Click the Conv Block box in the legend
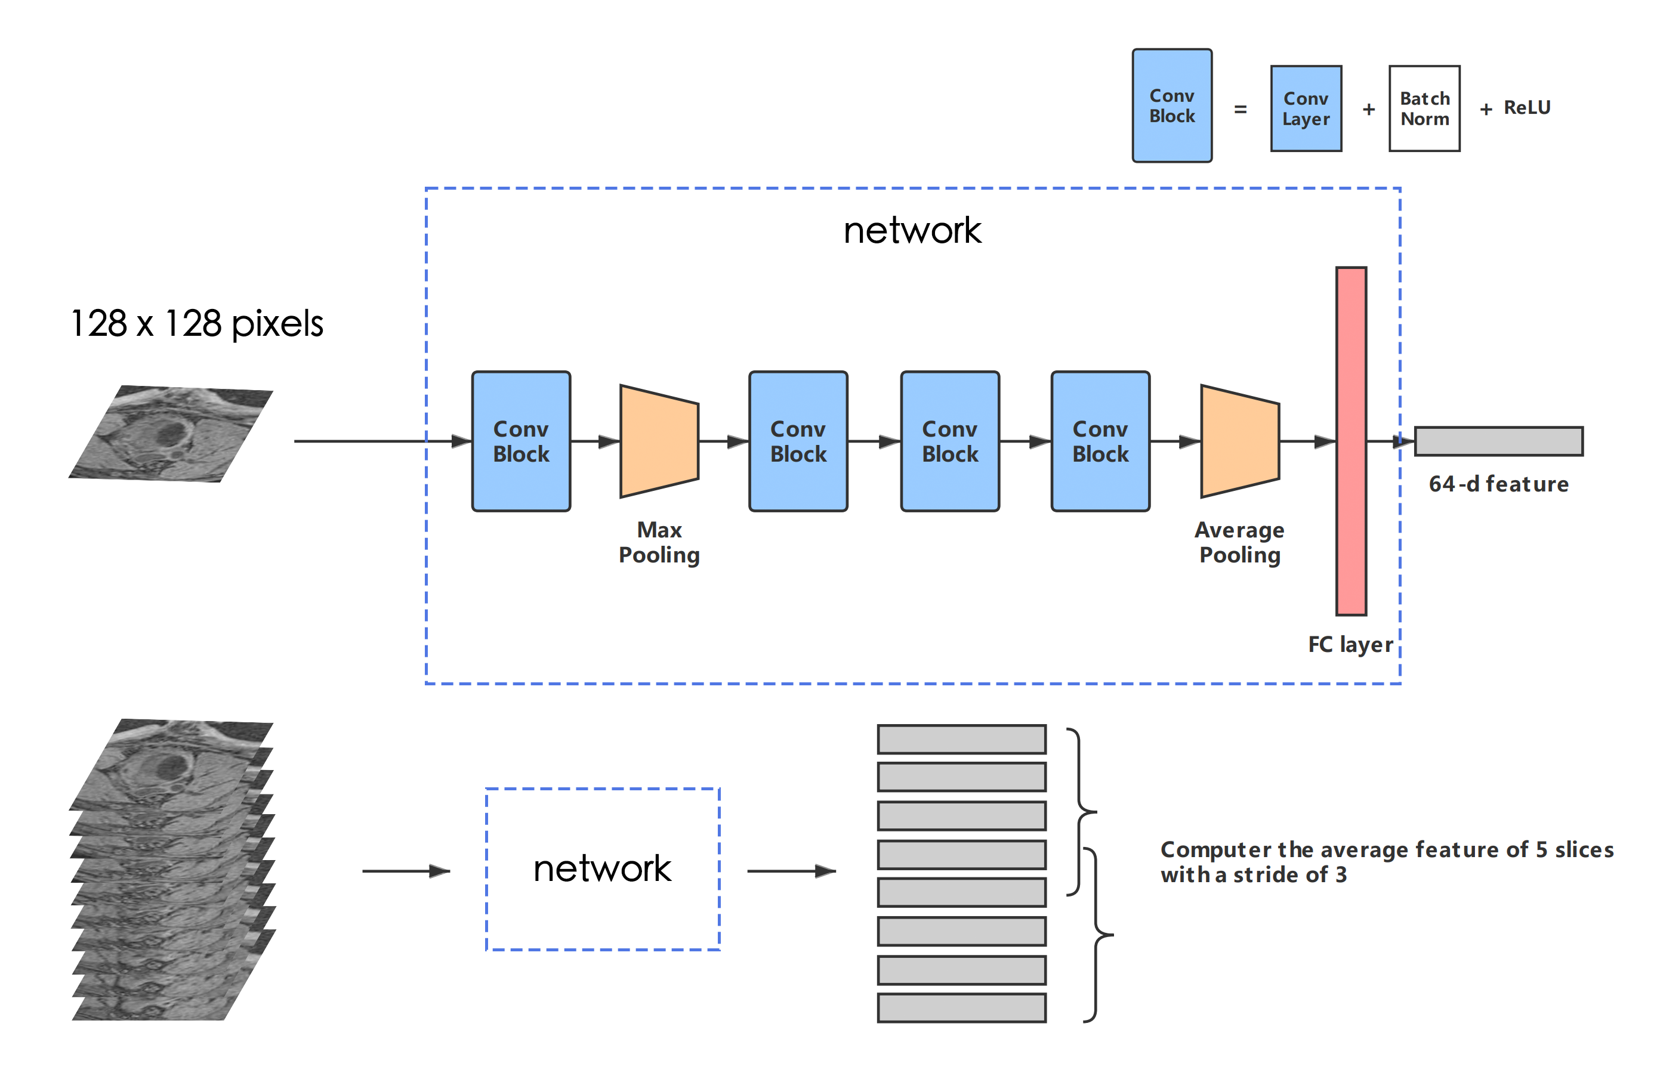(x=1172, y=106)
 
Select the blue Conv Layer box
(x=1306, y=109)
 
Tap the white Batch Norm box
(x=1424, y=109)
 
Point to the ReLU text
(x=1527, y=108)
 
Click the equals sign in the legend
(x=1240, y=109)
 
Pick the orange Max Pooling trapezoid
(x=659, y=441)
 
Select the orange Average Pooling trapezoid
(x=1239, y=441)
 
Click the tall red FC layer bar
(x=1351, y=441)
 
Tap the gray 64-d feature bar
(x=1498, y=441)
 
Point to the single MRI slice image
(x=171, y=434)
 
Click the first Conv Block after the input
(x=521, y=441)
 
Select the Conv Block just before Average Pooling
(x=1100, y=441)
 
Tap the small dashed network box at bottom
(x=602, y=868)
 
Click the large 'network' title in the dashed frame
(x=912, y=230)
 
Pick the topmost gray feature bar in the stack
(x=961, y=739)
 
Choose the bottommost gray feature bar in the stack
(x=961, y=1008)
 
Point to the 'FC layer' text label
(x=1350, y=645)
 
